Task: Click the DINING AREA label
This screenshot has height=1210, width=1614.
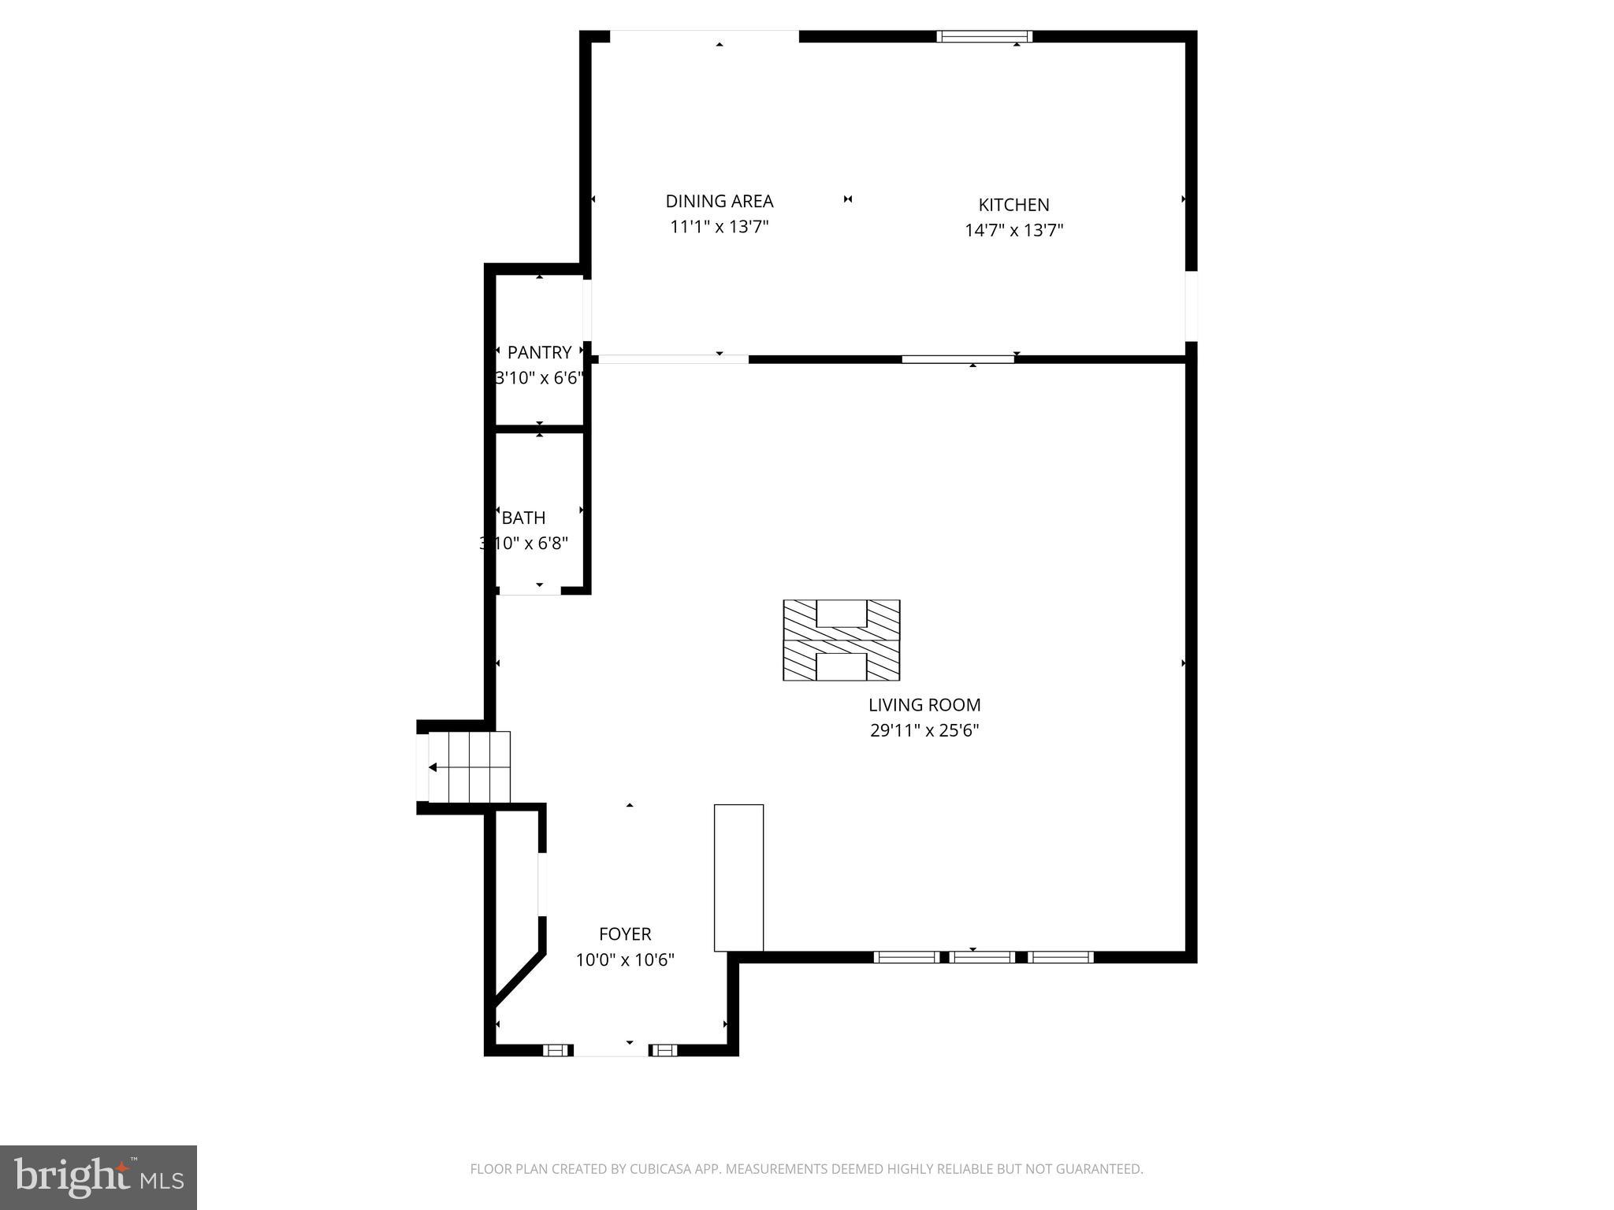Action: coord(719,201)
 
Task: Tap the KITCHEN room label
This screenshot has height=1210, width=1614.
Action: coord(1013,205)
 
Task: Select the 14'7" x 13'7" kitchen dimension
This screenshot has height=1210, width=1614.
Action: coord(1013,231)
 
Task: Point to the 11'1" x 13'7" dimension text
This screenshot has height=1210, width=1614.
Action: coord(719,227)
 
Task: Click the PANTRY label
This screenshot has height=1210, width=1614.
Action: coord(539,352)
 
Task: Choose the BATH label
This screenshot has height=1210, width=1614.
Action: coord(523,518)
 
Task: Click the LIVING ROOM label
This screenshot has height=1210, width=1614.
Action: coord(924,705)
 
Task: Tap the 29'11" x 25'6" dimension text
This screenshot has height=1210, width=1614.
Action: coord(924,730)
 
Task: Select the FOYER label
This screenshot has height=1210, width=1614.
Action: coord(625,934)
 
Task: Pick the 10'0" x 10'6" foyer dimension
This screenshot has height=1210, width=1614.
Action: coord(625,960)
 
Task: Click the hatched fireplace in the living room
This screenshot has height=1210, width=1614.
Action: coord(841,640)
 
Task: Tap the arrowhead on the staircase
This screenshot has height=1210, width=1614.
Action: coord(433,767)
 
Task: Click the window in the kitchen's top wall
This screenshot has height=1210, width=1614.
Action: coord(984,36)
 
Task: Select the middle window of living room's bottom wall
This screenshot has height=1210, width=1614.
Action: coord(982,957)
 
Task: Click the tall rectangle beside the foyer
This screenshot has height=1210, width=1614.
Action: coord(738,878)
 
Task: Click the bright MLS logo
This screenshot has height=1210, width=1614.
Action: coord(99,1177)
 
